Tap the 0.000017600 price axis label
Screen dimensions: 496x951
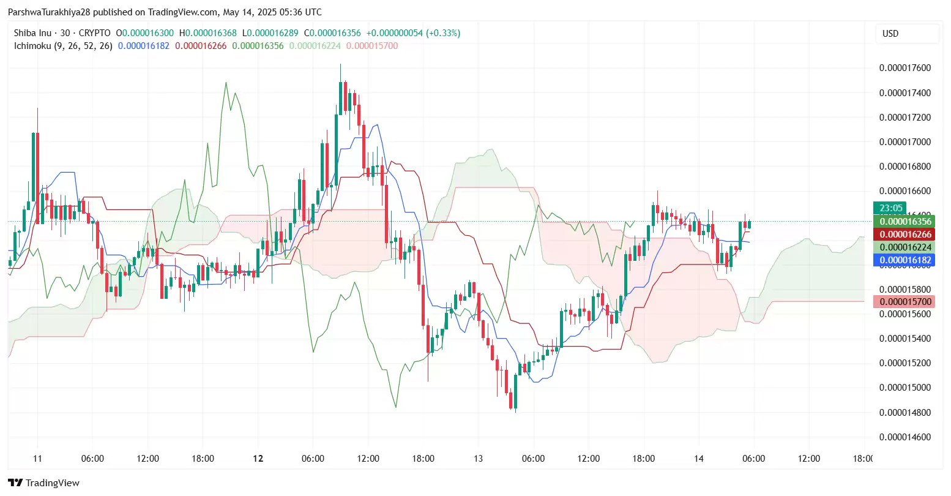904,68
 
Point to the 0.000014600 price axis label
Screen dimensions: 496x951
904,437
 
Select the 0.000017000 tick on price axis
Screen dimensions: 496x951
904,142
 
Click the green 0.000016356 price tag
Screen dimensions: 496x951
905,222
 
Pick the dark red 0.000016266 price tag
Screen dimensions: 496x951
905,235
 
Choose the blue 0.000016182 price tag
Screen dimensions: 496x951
905,260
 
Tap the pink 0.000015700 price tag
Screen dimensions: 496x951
905,302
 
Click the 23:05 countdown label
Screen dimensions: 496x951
891,208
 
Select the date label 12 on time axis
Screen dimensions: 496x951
258,459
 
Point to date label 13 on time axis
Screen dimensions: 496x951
478,459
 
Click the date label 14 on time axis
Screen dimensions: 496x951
699,459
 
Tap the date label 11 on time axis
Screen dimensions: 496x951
37,459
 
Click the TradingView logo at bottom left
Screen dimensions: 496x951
43,483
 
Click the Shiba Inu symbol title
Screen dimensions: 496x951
32,33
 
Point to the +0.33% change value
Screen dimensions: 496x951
444,33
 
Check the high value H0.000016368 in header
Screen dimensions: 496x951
207,33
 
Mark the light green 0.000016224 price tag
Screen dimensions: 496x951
905,247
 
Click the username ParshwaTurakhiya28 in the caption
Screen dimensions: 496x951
49,12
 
